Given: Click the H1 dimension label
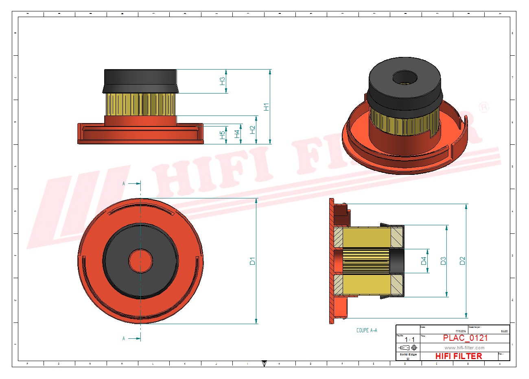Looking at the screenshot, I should (266, 107).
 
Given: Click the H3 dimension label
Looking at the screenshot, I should (222, 81).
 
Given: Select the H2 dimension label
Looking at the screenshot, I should (253, 130).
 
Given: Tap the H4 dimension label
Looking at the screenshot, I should (237, 133).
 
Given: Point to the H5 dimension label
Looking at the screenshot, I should (222, 135).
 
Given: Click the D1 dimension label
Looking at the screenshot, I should (252, 261).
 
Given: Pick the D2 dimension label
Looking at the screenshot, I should (462, 261).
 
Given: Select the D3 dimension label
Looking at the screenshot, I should (443, 261).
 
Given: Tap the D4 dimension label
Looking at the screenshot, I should (424, 261).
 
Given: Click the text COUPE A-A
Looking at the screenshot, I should (367, 330).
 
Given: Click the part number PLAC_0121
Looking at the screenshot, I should (465, 338).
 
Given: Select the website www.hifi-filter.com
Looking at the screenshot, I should (464, 348).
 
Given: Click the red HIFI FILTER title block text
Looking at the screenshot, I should (459, 356).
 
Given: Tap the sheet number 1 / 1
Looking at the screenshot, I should (410, 340).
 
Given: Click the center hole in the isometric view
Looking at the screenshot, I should (405, 78).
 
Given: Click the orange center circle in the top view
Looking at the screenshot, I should (140, 261).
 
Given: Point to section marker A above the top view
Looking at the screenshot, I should (124, 183).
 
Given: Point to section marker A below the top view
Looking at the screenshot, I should (124, 338).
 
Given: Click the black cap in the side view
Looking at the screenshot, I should (140, 81).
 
